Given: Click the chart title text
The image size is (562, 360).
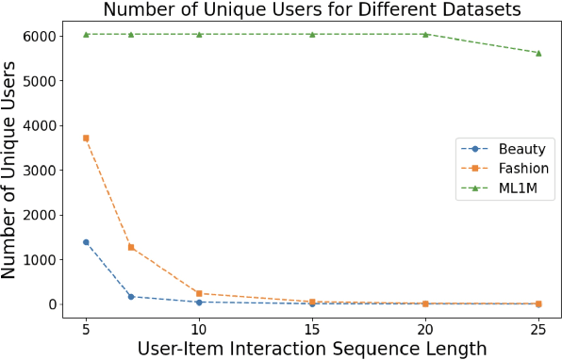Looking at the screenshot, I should pos(311,10).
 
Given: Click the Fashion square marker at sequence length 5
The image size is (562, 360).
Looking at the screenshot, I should pos(86,138).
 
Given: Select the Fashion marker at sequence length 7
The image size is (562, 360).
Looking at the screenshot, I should pos(131,247).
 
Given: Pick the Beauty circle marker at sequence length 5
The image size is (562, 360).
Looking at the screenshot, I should pos(86,242).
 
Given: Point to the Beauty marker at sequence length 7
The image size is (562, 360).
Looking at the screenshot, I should pos(131,297).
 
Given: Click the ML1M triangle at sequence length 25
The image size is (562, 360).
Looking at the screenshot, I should pos(538,53).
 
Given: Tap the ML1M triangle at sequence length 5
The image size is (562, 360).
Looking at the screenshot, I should pos(86,34).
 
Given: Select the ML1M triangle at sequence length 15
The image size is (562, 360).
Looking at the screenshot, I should pos(312,34).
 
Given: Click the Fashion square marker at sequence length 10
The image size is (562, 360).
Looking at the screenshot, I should pos(199,293).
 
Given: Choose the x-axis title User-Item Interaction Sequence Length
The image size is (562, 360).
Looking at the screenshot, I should pos(312,348).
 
